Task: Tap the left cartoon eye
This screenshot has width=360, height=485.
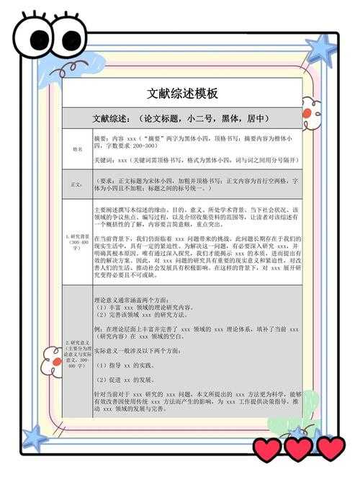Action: pyautogui.click(x=34, y=37)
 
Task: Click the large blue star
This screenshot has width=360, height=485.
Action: pyautogui.click(x=320, y=50)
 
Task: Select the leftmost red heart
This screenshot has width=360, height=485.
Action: pyautogui.click(x=267, y=450)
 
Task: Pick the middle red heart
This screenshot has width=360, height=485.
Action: pyautogui.click(x=298, y=449)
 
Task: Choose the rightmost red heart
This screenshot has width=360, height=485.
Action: pyautogui.click(x=330, y=448)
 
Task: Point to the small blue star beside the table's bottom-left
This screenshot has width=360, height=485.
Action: pyautogui.click(x=34, y=437)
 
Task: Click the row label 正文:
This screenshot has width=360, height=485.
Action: pyautogui.click(x=76, y=185)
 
